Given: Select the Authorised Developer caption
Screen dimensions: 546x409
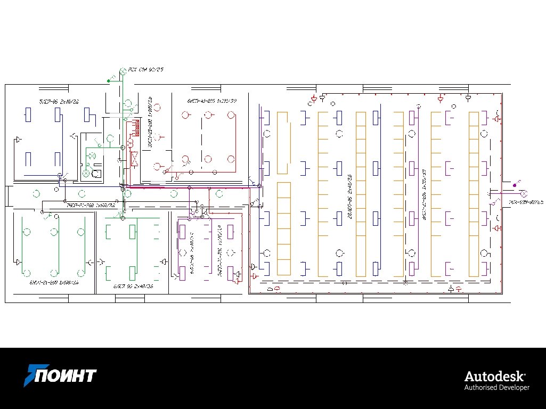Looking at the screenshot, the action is pyautogui.click(x=497, y=387).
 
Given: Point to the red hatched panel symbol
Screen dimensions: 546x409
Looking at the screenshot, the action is pyautogui.click(x=136, y=127).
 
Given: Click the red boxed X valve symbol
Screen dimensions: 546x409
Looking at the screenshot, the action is pyautogui.click(x=135, y=158).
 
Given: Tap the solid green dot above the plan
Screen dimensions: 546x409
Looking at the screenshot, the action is pyautogui.click(x=109, y=80).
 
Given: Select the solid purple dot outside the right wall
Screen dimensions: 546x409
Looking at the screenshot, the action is pyautogui.click(x=514, y=184).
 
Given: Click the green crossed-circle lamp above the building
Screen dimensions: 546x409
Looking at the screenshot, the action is pyautogui.click(x=121, y=71).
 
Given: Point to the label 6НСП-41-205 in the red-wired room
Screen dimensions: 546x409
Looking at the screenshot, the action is pyautogui.click(x=211, y=101).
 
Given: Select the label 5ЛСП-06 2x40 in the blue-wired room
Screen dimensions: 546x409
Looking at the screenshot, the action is pyautogui.click(x=59, y=101).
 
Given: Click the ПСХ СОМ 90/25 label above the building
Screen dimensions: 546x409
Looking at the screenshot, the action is pyautogui.click(x=145, y=70).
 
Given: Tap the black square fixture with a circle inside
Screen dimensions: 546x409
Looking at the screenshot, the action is pyautogui.click(x=96, y=174).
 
